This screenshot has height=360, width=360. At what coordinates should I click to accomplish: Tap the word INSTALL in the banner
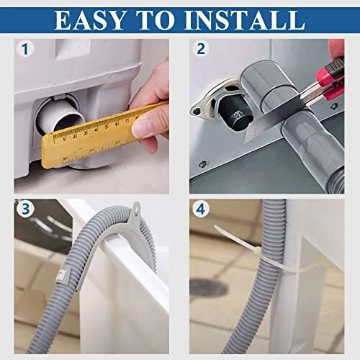(244, 20)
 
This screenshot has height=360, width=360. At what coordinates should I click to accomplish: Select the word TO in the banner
(155, 20)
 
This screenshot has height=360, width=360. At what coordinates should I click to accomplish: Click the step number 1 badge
(25, 49)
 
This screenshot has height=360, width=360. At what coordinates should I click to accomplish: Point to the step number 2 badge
(201, 49)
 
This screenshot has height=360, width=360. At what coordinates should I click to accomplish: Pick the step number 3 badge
(25, 209)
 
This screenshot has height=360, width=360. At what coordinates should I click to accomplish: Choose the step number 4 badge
(201, 209)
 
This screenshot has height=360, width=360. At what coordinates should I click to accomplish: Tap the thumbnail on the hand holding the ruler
(142, 127)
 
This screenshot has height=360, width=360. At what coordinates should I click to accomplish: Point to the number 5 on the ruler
(106, 127)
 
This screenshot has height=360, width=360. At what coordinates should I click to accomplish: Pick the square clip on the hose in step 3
(63, 274)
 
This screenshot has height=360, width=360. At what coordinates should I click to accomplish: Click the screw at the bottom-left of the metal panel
(203, 164)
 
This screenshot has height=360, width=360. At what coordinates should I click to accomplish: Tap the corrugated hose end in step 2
(336, 179)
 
